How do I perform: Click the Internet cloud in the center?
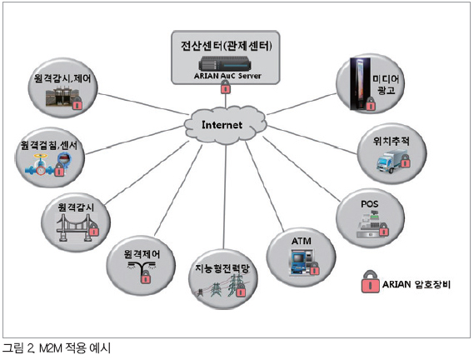(x=225, y=125)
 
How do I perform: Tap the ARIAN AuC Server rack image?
(x=225, y=64)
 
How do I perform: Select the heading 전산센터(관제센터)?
(x=226, y=46)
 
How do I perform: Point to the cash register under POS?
(x=368, y=225)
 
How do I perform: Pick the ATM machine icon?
(x=302, y=262)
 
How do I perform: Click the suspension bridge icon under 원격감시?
(x=75, y=227)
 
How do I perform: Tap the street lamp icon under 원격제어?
(x=141, y=267)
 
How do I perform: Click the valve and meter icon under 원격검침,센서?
(x=46, y=165)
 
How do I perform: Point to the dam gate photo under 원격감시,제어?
(x=62, y=97)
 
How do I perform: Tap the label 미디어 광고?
(x=386, y=84)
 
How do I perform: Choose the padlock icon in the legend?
(x=371, y=282)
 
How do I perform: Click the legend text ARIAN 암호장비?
(x=417, y=284)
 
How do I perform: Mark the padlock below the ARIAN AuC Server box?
(x=225, y=87)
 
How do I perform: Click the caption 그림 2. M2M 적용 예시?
(x=57, y=348)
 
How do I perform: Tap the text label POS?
(x=369, y=204)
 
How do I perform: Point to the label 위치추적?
(x=391, y=141)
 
